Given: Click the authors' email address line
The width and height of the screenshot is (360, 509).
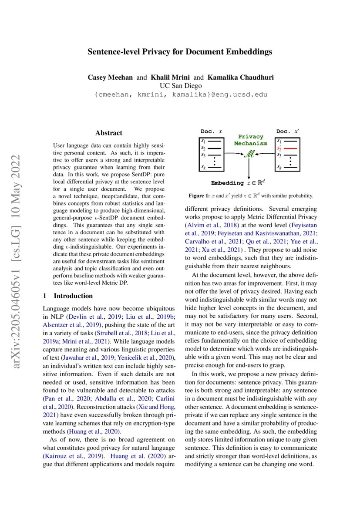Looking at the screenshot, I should (180, 94).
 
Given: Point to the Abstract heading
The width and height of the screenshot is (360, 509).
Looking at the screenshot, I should (109, 133).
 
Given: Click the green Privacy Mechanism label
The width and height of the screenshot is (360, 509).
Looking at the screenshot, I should (250, 140).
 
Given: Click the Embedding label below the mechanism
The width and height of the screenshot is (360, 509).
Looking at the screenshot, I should (227, 183).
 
